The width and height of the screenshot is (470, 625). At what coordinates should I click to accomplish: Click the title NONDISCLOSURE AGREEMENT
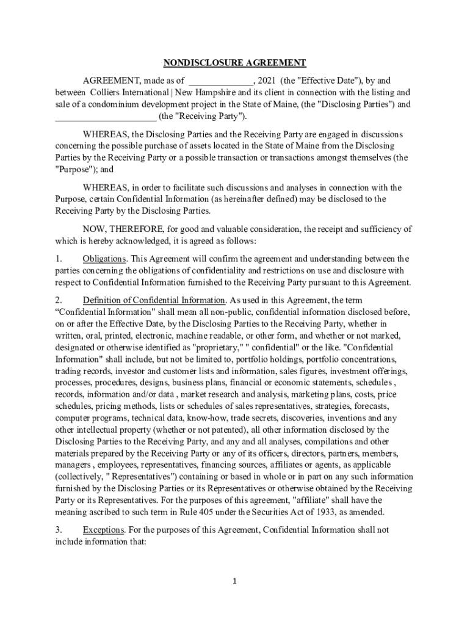(234, 63)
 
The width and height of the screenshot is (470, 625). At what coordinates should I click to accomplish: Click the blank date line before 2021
(221, 81)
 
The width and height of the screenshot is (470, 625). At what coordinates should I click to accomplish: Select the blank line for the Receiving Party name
(106, 116)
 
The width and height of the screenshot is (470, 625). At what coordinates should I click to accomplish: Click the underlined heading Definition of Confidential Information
(154, 300)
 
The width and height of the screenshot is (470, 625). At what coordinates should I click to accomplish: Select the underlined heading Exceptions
(102, 530)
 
